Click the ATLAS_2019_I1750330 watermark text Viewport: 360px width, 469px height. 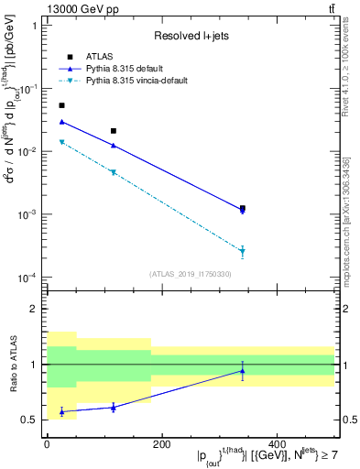click(x=190, y=274)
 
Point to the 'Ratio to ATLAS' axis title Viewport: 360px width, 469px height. click(x=13, y=364)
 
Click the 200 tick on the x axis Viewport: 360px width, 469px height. click(x=162, y=444)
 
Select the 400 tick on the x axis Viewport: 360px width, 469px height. click(x=277, y=444)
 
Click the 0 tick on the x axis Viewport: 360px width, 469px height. click(x=47, y=444)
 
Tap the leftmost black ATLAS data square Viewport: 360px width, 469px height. click(x=61, y=105)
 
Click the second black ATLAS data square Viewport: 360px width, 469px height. click(x=114, y=131)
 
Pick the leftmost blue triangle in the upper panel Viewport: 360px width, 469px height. click(x=61, y=121)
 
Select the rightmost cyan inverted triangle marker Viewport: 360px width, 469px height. click(x=243, y=251)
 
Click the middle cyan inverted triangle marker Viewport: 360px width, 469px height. click(x=114, y=172)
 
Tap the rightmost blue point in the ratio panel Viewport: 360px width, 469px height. click(x=243, y=371)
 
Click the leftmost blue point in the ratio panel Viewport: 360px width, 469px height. click(x=61, y=412)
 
